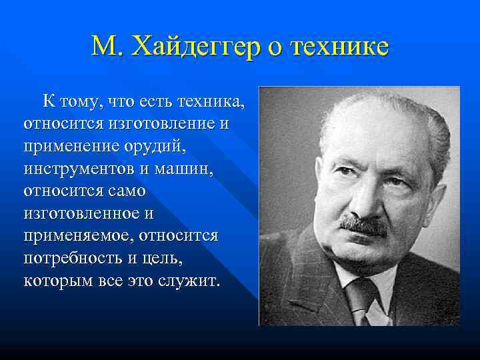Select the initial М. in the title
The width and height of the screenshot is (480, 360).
pyautogui.click(x=106, y=47)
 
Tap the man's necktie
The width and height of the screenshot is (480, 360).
pyautogui.click(x=363, y=300)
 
